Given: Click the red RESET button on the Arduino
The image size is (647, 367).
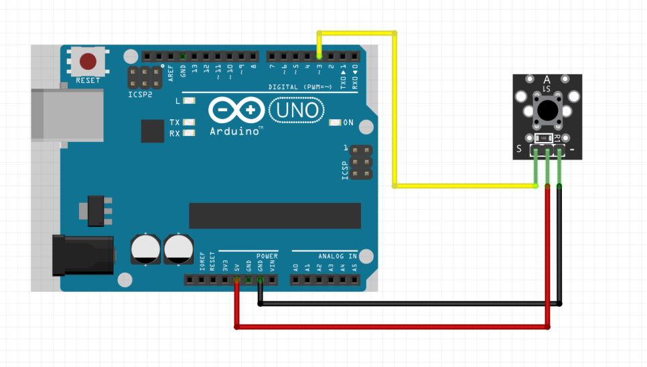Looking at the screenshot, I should tap(88, 62).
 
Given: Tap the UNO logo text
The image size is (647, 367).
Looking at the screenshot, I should tap(296, 109).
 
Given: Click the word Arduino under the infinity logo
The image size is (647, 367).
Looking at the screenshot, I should tap(236, 131).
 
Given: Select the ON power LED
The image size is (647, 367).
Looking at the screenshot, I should tap(336, 123).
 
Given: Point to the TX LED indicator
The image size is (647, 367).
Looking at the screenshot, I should tap(188, 123).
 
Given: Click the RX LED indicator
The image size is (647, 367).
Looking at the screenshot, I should tap(188, 133).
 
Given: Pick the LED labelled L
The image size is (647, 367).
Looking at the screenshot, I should tap(188, 101).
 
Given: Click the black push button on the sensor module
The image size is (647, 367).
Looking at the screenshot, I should tap(547, 110).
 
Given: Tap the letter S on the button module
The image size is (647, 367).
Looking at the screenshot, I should tap(519, 149).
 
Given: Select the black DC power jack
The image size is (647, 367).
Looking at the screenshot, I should tap(84, 255).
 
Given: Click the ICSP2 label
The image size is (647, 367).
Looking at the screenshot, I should tap(140, 95).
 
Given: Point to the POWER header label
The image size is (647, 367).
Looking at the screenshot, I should tap(267, 256).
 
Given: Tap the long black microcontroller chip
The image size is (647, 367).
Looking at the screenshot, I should tap(275, 216).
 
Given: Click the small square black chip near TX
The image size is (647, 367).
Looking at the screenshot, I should tap(153, 131).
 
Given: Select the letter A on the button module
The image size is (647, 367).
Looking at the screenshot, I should tap(547, 80).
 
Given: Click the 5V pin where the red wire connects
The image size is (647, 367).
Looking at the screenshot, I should tap(236, 279).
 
